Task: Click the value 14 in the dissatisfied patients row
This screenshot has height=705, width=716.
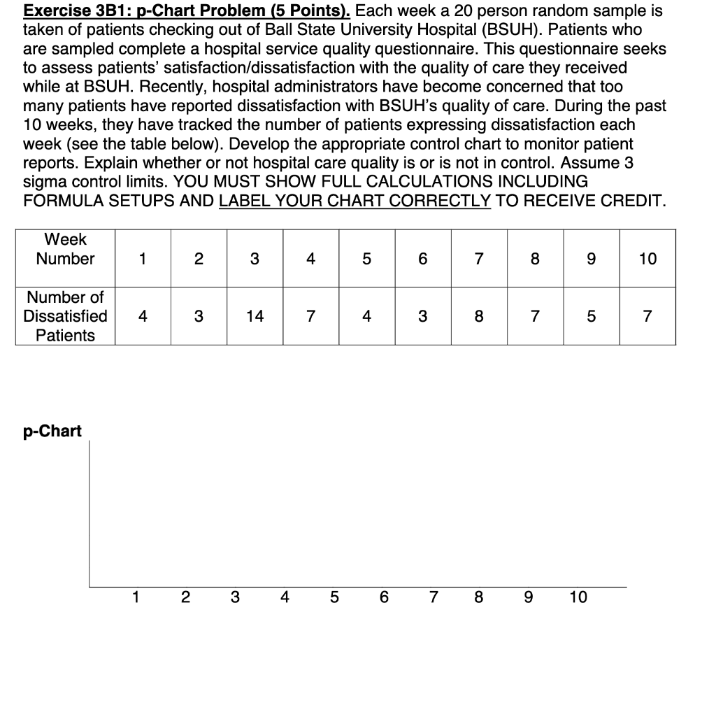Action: click(x=255, y=316)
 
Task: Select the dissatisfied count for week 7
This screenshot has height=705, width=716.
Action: click(x=478, y=316)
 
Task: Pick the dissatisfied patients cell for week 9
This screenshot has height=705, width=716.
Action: click(x=591, y=316)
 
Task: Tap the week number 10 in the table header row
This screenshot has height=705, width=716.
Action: click(x=647, y=259)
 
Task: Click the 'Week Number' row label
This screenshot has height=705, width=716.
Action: click(x=65, y=249)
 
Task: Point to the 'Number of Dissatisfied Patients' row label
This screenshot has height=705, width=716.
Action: click(x=65, y=316)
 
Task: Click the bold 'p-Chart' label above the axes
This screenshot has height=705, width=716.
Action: click(x=52, y=431)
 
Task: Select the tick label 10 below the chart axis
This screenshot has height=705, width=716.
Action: click(x=578, y=597)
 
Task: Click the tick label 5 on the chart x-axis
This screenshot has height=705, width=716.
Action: click(x=334, y=597)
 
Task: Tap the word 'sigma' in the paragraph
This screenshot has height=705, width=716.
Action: click(x=45, y=181)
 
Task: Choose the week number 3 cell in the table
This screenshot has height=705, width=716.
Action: click(x=255, y=259)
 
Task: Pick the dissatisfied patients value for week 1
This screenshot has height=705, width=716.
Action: click(x=143, y=316)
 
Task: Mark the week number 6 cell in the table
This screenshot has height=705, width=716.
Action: click(x=422, y=259)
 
